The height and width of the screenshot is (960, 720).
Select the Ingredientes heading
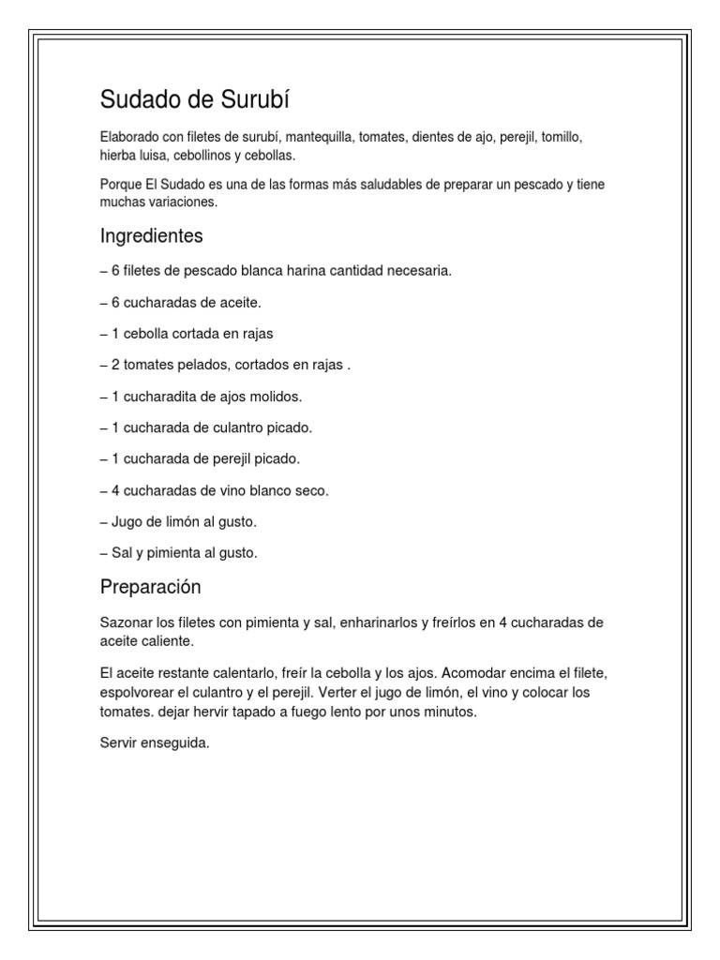tap(151, 235)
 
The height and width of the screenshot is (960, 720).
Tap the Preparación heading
tap(151, 587)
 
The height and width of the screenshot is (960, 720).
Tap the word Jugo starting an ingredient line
tap(127, 521)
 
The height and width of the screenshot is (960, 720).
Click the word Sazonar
tap(127, 622)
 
